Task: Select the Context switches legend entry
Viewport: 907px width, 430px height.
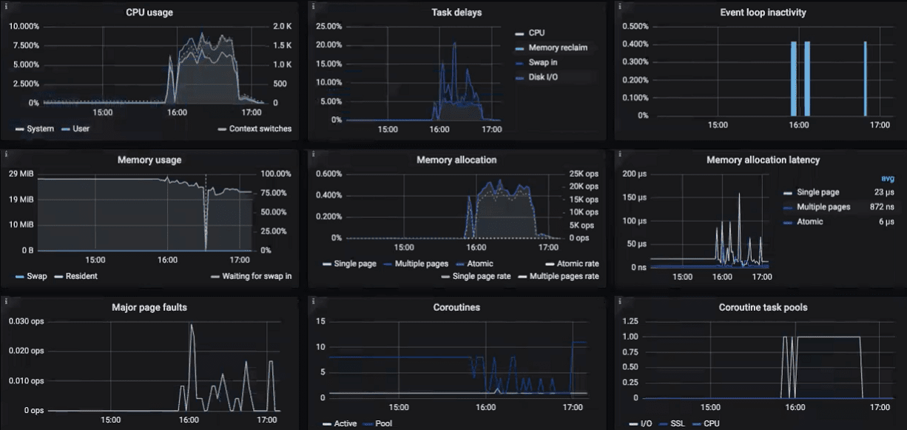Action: (260, 129)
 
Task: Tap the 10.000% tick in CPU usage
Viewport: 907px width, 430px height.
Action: (24, 27)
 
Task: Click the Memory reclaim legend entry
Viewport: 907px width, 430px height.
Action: (558, 48)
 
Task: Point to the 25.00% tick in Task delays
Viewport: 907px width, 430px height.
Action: (328, 27)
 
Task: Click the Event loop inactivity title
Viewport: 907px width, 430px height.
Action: (763, 12)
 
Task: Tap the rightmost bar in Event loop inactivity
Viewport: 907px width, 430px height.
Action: (865, 78)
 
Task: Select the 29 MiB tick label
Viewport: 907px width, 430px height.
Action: (22, 174)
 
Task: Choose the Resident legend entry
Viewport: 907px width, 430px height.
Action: (81, 276)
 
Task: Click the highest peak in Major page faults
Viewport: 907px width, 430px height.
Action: (192, 326)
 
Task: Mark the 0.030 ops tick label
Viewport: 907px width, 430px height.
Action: (27, 320)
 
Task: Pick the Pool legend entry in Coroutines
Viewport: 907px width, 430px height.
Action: (384, 423)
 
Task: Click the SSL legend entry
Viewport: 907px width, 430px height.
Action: (677, 423)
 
